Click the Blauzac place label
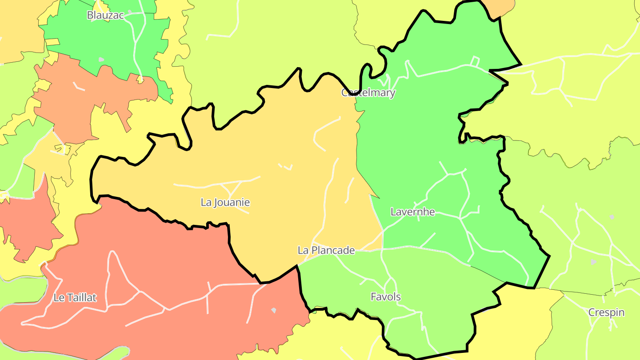point(105,15)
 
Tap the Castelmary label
point(368,92)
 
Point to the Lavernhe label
point(412,212)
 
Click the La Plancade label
point(326,250)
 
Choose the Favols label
point(385,296)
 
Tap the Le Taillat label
point(75,297)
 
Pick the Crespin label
point(606,312)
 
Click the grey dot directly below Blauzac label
point(101,59)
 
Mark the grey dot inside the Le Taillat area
point(274,310)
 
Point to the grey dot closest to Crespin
point(593,262)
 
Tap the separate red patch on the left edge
point(27,222)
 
